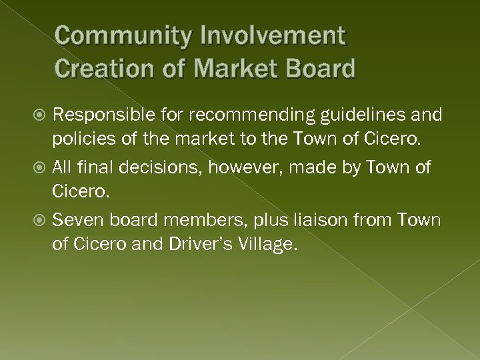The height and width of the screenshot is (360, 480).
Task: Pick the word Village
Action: tap(270, 245)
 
